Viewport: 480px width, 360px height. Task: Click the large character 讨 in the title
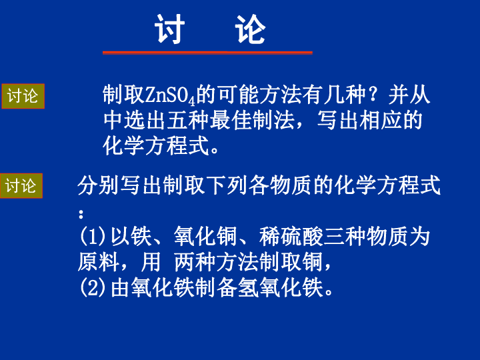[169, 29]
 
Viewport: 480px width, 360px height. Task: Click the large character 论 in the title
[250, 29]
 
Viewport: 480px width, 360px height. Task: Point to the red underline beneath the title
[207, 53]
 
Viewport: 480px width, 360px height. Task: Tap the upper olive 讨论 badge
[23, 96]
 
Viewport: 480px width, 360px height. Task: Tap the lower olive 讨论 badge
[21, 186]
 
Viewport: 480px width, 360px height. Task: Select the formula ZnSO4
[170, 95]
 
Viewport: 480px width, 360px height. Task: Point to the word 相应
[381, 120]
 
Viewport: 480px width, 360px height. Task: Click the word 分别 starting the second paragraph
[98, 185]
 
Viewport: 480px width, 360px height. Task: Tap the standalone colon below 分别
[81, 214]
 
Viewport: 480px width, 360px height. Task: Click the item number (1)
[93, 237]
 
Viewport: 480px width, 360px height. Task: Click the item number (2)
[93, 288]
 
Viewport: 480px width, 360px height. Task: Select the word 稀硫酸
[291, 237]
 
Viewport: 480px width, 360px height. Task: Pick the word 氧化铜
[205, 237]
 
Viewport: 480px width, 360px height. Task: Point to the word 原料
[98, 262]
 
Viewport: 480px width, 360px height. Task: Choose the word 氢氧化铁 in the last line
[280, 288]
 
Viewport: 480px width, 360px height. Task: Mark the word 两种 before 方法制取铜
[195, 262]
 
